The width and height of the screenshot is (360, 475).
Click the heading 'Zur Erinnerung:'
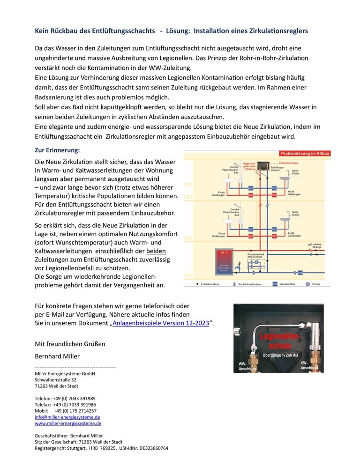pyautogui.click(x=58, y=150)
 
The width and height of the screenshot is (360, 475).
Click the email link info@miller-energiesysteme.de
pyautogui.click(x=67, y=417)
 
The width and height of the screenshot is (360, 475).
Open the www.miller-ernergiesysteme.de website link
pyautogui.click(x=68, y=423)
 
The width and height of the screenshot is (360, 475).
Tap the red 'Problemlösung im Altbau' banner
pyautogui.click(x=305, y=153)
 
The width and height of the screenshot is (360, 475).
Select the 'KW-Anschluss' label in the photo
pyautogui.click(x=309, y=365)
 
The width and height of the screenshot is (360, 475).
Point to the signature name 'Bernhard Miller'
pyautogui.click(x=57, y=356)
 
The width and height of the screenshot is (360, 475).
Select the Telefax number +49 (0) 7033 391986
pyautogui.click(x=74, y=405)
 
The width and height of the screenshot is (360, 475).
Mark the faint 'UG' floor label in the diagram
pyautogui.click(x=188, y=275)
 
